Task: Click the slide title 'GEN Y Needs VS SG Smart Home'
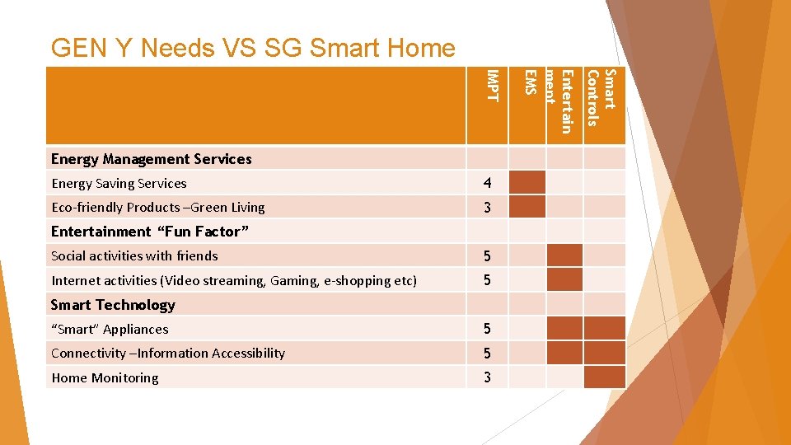coord(252,48)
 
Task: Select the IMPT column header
coord(492,87)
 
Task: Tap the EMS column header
coord(531,83)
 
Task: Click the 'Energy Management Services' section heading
coord(151,159)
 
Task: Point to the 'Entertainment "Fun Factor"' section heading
coord(149,232)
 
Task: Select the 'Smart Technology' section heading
coord(113,305)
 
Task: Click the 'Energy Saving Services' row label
coord(119,184)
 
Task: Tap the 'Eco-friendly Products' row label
coord(157,208)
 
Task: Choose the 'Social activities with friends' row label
coord(134,256)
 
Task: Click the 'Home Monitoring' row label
coord(105,378)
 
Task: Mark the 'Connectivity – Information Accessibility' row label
coord(167,354)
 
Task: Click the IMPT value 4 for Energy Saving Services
coord(487,183)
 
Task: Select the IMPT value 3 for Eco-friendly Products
coord(487,208)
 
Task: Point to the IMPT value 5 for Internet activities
coord(487,281)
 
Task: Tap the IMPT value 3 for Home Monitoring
coord(487,378)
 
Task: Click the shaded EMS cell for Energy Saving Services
coord(527,182)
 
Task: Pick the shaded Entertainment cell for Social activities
coord(564,255)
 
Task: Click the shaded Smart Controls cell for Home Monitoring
coord(604,377)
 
